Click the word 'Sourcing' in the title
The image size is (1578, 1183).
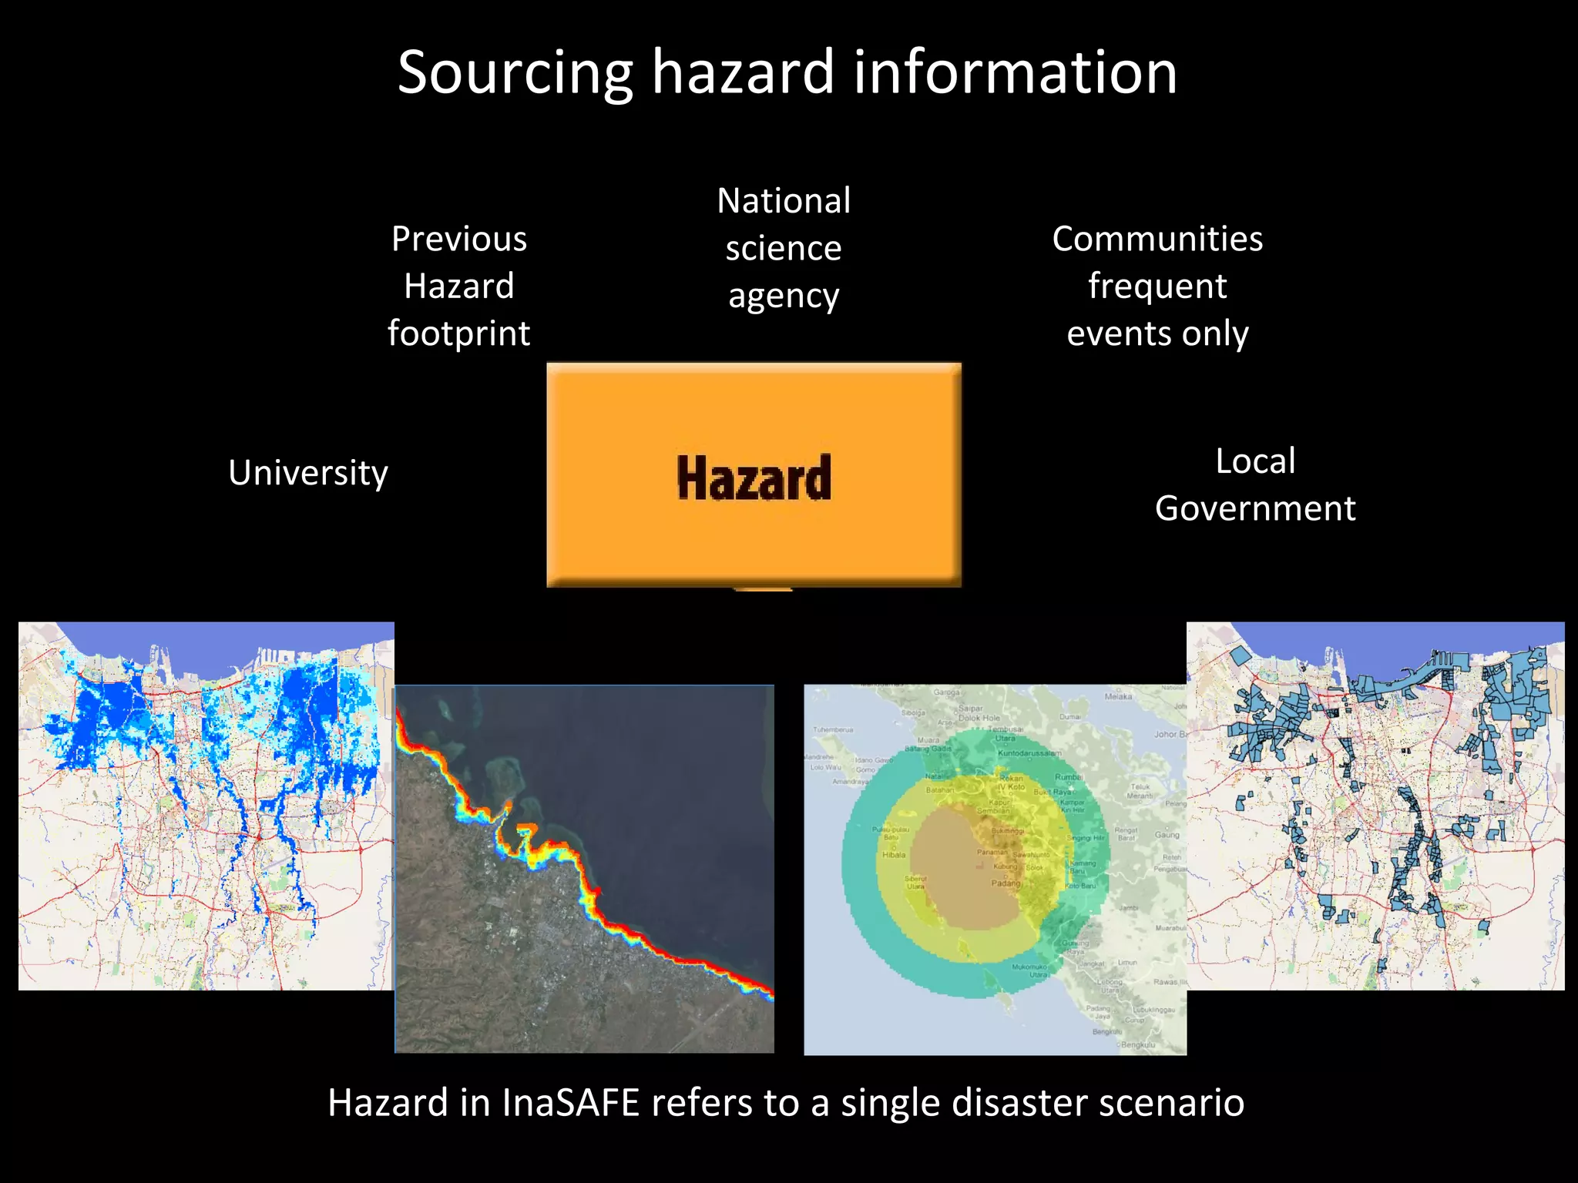tap(515, 73)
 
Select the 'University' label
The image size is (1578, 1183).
tap(308, 473)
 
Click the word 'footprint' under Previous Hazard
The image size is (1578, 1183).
tap(459, 333)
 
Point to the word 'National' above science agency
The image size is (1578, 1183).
tap(784, 201)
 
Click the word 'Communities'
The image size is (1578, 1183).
tap(1157, 239)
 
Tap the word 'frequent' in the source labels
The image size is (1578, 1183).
tap(1157, 287)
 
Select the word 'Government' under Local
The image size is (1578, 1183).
tap(1255, 508)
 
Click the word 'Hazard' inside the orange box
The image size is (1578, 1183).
tap(754, 478)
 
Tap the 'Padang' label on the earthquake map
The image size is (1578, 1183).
tap(1005, 883)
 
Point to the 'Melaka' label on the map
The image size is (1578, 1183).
tap(1118, 696)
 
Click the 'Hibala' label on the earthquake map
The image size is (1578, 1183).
tap(894, 855)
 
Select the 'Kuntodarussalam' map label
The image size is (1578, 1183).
tap(1029, 752)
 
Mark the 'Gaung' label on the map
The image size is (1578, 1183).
tap(1167, 835)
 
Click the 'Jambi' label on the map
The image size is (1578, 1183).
tap(1129, 908)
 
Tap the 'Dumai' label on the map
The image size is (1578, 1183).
tap(1070, 716)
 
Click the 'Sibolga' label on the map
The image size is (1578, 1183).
tap(913, 713)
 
